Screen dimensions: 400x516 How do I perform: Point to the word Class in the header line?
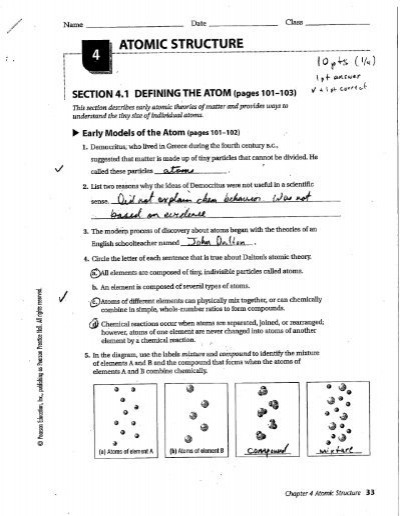click(296, 22)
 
